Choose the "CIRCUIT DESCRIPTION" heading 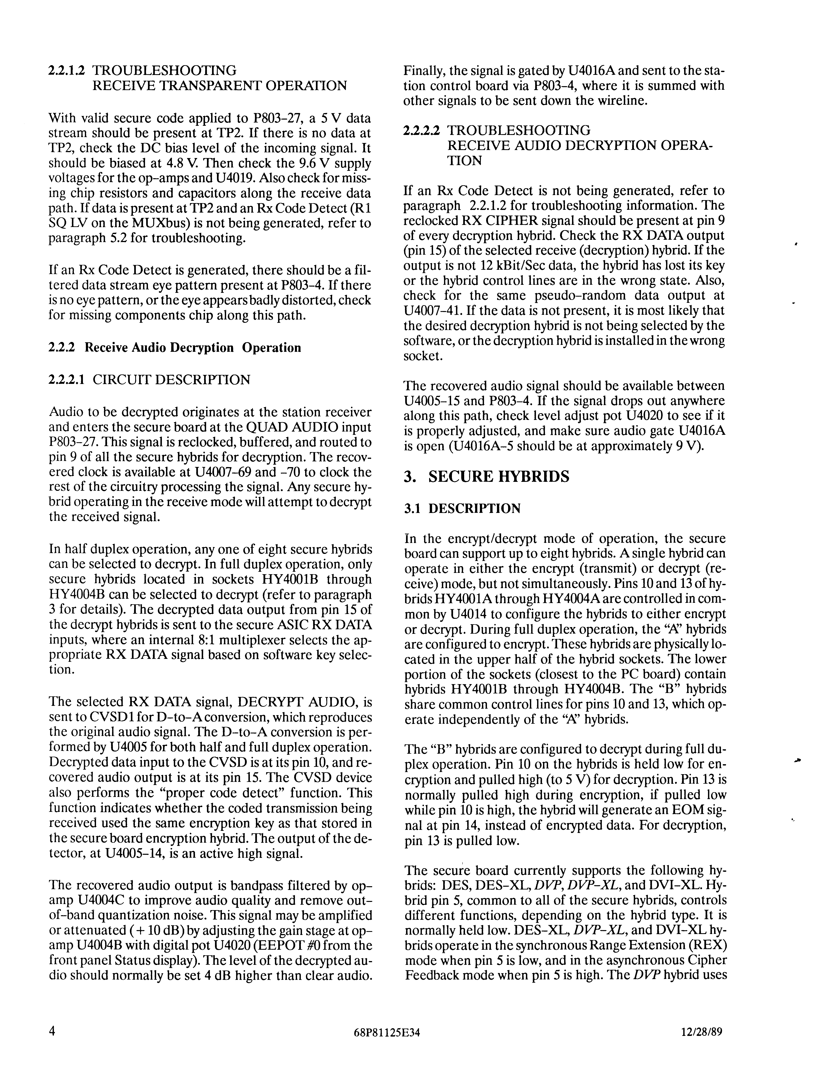click(171, 380)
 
